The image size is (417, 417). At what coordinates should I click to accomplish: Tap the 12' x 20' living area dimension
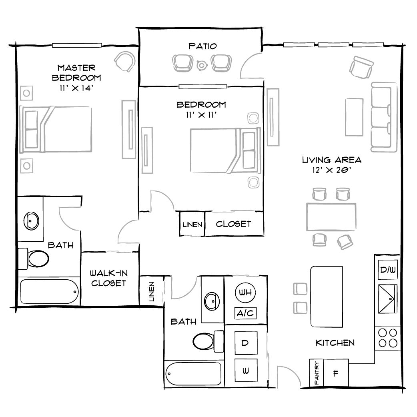coord(331,170)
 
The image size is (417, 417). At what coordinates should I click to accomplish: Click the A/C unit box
coord(245,313)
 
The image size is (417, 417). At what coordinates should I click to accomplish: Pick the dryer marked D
coord(245,343)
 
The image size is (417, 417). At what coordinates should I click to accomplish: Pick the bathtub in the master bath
coord(48,292)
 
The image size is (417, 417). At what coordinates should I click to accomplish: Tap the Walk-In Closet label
coord(108,278)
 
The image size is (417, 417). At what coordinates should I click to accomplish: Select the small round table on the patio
coord(202,63)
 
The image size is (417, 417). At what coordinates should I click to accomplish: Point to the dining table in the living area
coord(331,217)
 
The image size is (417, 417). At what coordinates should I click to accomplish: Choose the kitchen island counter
coord(327,297)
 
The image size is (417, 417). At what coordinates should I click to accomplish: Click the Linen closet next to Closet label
coord(192,225)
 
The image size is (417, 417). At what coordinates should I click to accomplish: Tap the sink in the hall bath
coord(212,299)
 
